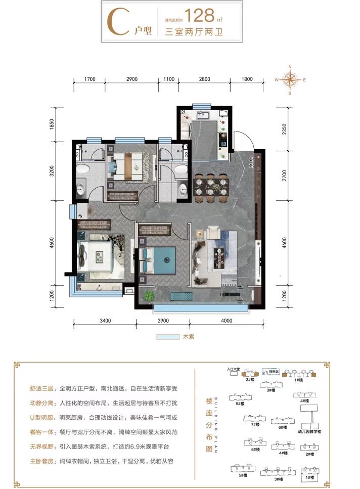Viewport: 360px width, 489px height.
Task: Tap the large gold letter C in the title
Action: coord(118,21)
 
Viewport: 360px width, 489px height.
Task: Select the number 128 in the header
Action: coord(200,15)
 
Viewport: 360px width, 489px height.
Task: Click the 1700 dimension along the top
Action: coord(90,80)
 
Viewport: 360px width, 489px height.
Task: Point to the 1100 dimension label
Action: coord(168,80)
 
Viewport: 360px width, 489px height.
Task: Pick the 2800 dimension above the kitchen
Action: coord(204,80)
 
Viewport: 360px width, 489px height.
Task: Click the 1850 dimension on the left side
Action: coord(52,125)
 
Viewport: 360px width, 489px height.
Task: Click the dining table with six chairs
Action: coord(210,187)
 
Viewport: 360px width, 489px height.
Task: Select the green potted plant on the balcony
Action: coord(148,296)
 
